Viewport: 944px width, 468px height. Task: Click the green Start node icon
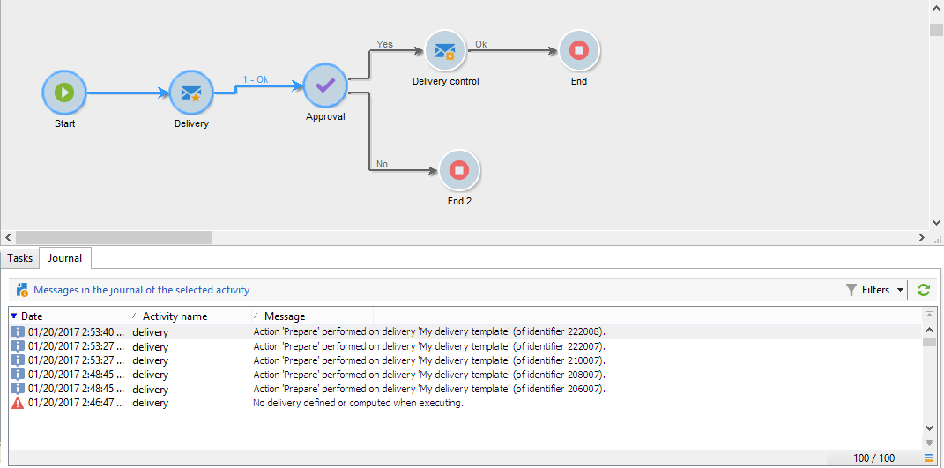[64, 92]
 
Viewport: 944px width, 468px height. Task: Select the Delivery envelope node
[191, 92]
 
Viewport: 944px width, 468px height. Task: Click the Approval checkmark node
[325, 85]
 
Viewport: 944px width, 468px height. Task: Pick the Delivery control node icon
[445, 51]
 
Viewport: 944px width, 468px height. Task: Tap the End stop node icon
[578, 51]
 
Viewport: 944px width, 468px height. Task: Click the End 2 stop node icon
[458, 171]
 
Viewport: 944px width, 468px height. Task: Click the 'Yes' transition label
[384, 44]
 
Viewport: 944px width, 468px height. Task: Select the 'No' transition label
[382, 164]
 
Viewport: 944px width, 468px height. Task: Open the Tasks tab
[19, 258]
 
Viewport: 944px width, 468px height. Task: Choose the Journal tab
[65, 258]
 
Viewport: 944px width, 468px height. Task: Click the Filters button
[874, 290]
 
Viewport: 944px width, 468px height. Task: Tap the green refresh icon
[924, 290]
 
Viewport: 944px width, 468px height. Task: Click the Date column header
[33, 316]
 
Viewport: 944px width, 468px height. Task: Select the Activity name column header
[175, 316]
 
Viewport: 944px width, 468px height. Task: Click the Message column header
[285, 316]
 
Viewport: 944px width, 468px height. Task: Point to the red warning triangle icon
[18, 403]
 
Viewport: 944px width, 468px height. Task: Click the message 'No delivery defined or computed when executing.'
[358, 403]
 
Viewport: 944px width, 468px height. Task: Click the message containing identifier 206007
[428, 389]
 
